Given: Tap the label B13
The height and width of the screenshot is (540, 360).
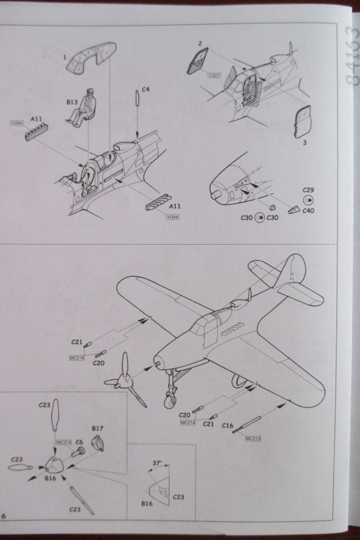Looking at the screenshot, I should click(x=71, y=102).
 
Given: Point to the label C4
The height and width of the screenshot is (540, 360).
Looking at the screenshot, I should click(x=145, y=89).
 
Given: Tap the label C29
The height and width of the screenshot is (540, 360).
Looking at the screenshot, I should click(x=308, y=190).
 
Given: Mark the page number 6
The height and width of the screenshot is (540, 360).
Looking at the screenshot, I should click(x=4, y=516).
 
